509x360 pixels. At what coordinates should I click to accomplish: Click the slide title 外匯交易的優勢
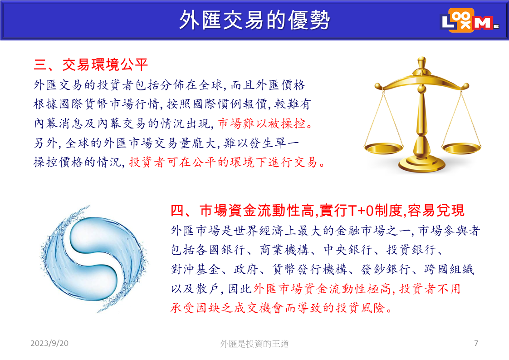(x=254, y=20)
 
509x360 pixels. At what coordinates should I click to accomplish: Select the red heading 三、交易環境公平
(x=91, y=64)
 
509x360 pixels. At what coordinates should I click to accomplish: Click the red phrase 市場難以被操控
(x=262, y=123)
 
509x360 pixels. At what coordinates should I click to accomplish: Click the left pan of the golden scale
(x=384, y=148)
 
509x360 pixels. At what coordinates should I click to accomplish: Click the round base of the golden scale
(x=421, y=165)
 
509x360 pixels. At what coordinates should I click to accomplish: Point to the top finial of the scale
(x=421, y=61)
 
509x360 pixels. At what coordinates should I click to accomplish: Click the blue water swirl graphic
(x=93, y=259)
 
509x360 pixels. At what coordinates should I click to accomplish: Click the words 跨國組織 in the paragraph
(x=449, y=269)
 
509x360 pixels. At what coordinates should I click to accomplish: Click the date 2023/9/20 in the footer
(x=49, y=343)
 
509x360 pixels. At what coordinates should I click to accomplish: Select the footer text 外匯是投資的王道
(x=254, y=344)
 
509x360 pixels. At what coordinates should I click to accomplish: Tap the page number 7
(x=476, y=343)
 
